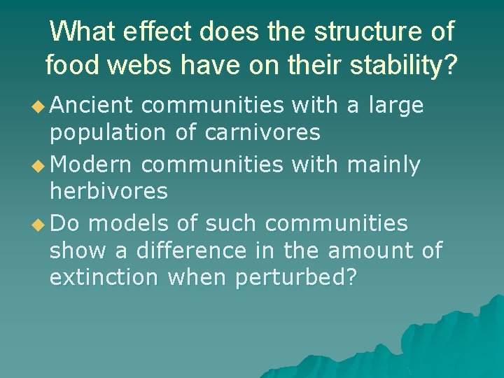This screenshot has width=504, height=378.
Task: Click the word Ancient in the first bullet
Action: (92, 105)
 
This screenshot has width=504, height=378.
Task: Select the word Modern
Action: (91, 164)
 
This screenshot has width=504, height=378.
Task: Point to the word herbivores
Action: (108, 190)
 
